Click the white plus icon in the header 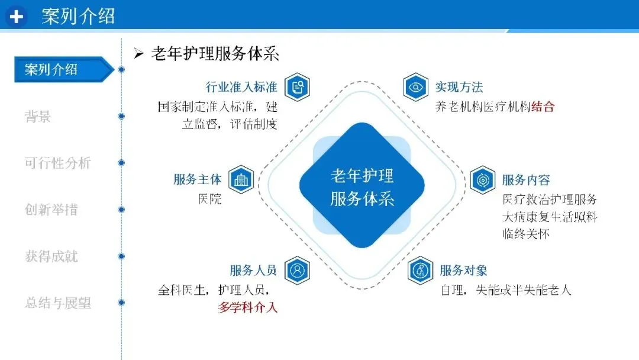tap(17, 17)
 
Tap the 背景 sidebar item tap(38, 117)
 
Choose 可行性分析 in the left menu tap(57, 163)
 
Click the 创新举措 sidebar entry tap(51, 210)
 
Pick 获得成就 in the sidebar tap(51, 256)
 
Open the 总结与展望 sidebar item tap(57, 303)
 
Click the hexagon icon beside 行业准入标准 tap(297, 88)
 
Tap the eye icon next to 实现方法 tap(416, 88)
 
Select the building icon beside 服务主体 tap(241, 179)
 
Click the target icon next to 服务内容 tap(483, 179)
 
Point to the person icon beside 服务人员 tap(297, 271)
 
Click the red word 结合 tap(543, 107)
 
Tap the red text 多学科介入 tap(247, 307)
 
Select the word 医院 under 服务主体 tap(209, 199)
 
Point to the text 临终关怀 tap(526, 234)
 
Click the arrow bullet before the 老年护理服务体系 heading tap(139, 54)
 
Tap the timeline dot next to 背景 tap(121, 117)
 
